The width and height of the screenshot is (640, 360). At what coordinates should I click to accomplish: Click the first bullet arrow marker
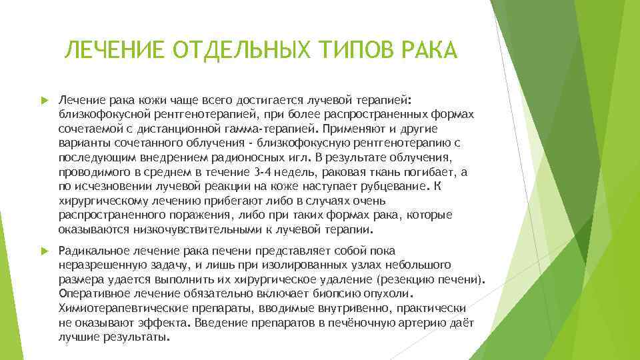point(44,100)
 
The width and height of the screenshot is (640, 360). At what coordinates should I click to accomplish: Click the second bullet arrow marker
point(44,251)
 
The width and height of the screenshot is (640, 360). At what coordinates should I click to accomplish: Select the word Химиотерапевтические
point(115,309)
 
